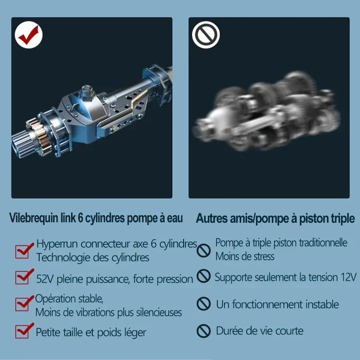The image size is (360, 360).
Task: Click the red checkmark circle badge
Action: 29,36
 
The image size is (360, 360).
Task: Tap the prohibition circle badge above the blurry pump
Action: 206,36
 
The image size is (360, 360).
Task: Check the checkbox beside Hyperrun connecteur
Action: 23,250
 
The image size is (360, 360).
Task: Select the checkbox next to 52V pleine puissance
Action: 23,277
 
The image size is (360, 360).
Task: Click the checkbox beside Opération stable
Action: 23,304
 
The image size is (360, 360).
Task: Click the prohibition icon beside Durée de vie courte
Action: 204,331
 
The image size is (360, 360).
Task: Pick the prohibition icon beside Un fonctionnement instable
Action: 204,304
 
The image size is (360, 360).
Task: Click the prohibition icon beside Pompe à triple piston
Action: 204,250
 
